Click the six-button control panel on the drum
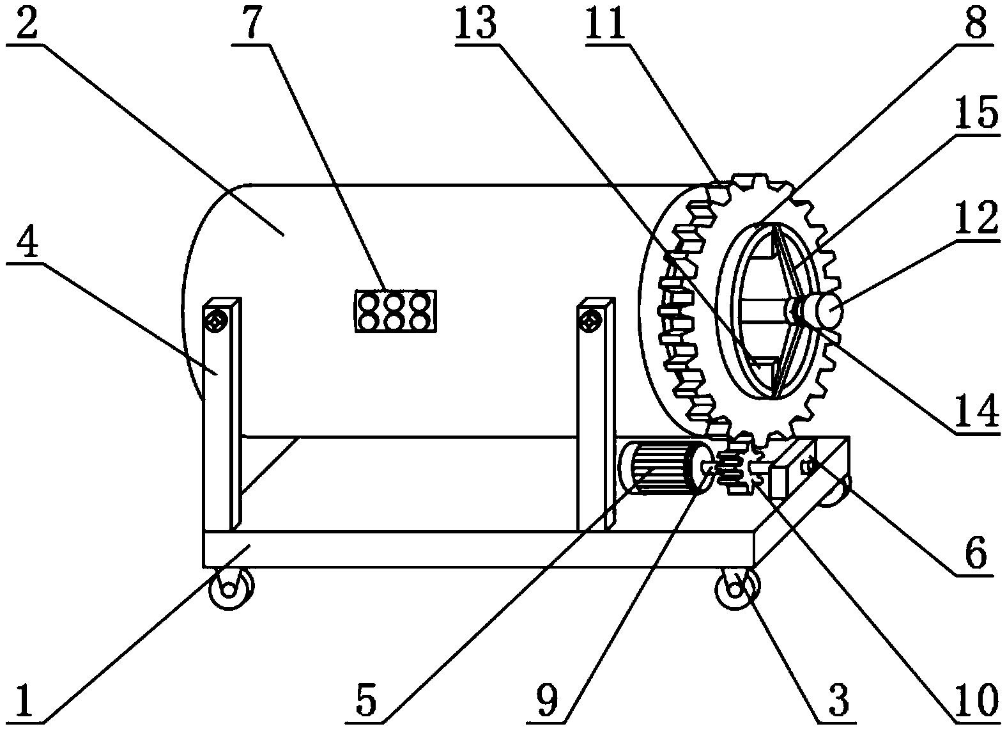click(396, 311)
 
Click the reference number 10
click(975, 701)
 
